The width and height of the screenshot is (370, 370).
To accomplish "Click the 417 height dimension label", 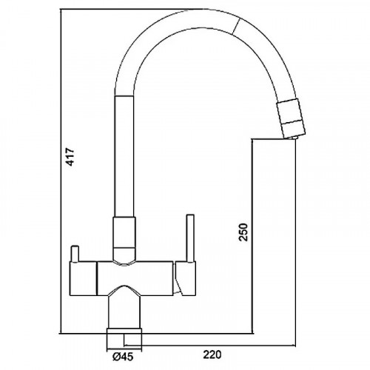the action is click(x=70, y=157).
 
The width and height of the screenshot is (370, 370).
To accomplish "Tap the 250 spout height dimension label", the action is click(x=243, y=232).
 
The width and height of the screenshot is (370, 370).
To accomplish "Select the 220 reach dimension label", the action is click(x=212, y=354).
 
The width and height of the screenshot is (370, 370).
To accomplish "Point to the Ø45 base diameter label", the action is click(x=123, y=357).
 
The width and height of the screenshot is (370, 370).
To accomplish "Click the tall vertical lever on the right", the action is click(x=191, y=238).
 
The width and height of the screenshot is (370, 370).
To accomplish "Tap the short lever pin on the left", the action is click(x=75, y=253).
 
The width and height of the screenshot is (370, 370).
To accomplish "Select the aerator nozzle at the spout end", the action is click(x=292, y=118).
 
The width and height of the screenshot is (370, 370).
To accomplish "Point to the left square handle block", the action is click(x=83, y=278).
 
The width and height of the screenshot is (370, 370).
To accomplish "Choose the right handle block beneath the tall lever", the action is click(x=186, y=278).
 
